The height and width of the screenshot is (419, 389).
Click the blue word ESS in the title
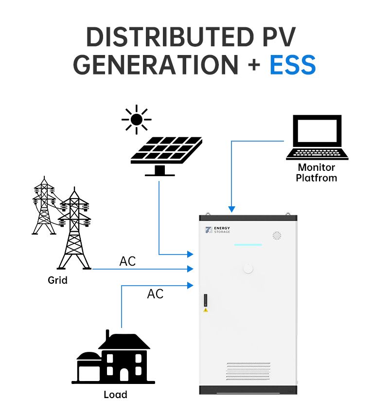[x=292, y=65]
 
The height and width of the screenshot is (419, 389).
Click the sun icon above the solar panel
[x=137, y=119]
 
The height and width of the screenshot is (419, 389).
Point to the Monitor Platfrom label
[x=317, y=173]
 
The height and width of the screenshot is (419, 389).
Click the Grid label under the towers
[x=57, y=280]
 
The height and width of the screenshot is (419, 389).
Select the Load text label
[x=115, y=394]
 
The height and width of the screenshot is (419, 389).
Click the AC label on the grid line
[x=127, y=261]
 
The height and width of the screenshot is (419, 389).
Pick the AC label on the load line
[x=155, y=294]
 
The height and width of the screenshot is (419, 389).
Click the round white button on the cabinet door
[x=248, y=268]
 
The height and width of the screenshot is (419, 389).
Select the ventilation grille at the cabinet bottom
[x=248, y=371]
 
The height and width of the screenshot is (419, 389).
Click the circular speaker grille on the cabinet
[x=277, y=236]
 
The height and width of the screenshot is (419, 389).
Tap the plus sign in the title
[x=253, y=65]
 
